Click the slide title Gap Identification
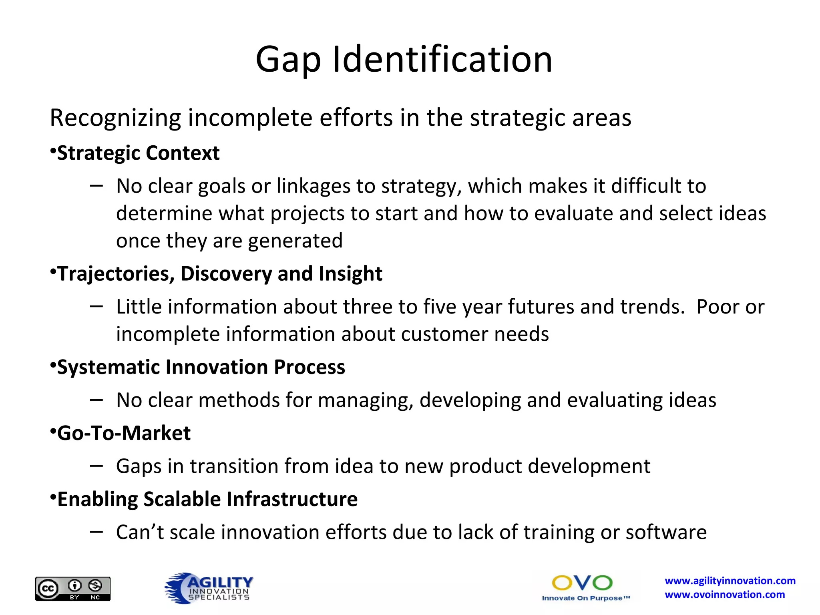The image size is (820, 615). [x=404, y=59]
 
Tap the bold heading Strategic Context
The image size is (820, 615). [x=138, y=153]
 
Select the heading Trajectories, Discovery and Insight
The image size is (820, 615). [x=220, y=274]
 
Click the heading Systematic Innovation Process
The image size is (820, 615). [x=201, y=367]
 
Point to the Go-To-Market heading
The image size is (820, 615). [x=124, y=433]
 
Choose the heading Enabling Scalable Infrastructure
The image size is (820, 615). [x=207, y=499]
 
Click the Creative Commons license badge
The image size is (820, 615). [x=73, y=589]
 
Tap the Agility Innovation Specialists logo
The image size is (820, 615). [x=209, y=588]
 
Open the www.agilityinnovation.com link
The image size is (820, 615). [x=730, y=581]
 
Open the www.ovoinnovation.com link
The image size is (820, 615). [x=725, y=595]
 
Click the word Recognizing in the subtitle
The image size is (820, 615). [x=116, y=118]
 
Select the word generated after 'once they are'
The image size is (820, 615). [x=295, y=241]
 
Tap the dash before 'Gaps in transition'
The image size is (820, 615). [x=96, y=465]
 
